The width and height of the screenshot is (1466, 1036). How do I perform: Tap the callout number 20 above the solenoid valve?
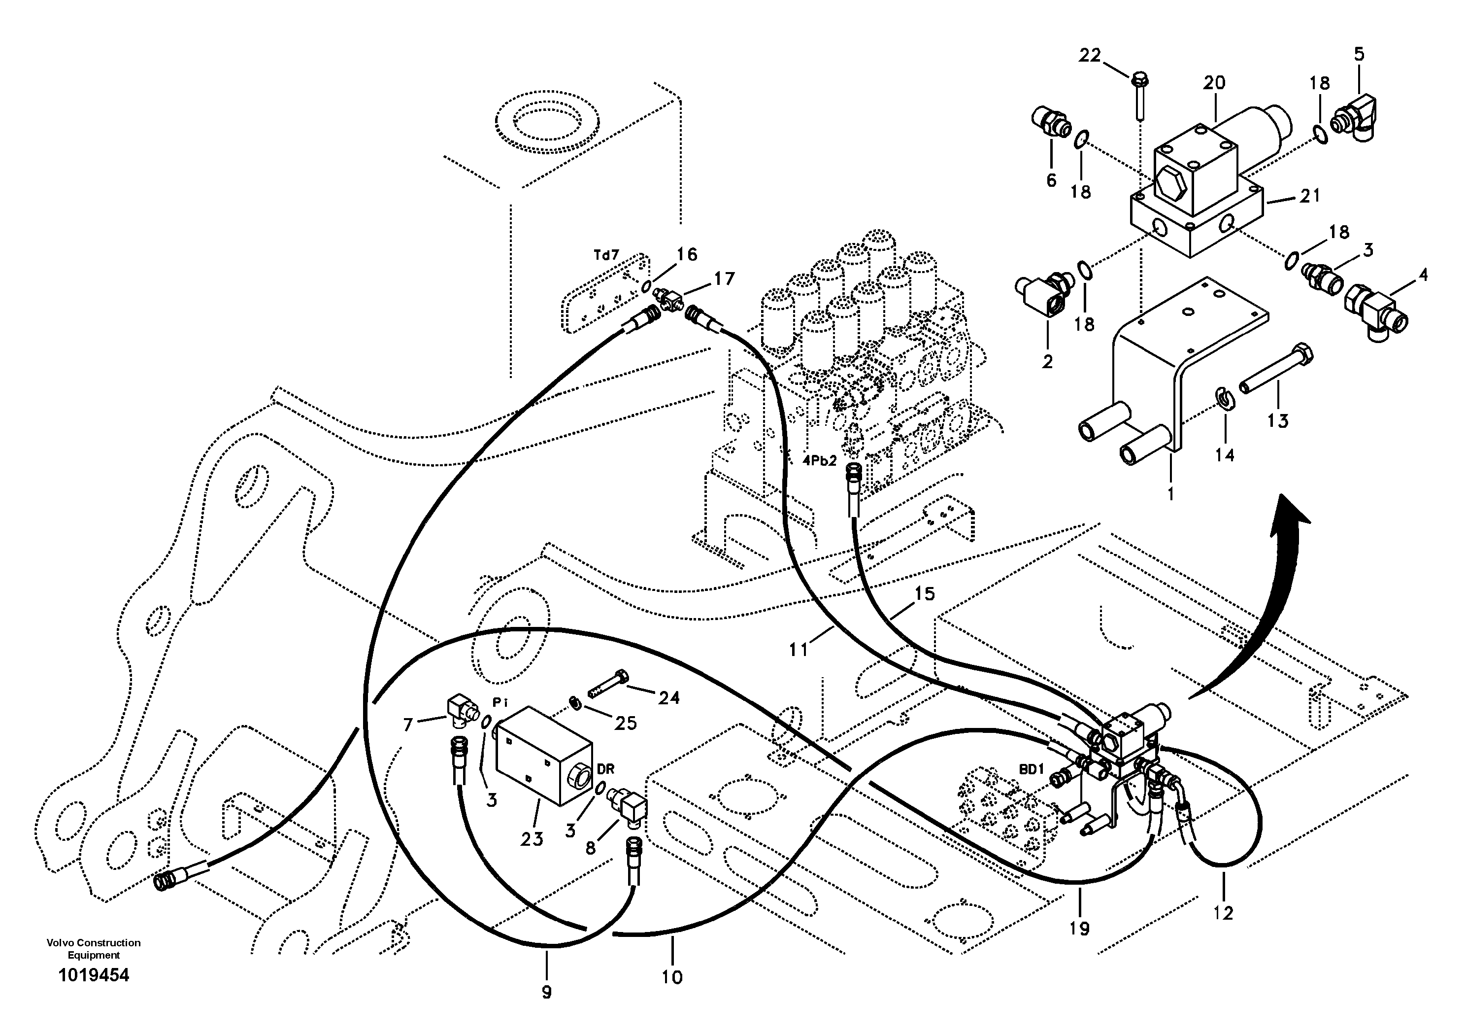[x=1214, y=82]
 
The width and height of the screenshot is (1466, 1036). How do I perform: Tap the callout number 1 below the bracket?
[x=1170, y=494]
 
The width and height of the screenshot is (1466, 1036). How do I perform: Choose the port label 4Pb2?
[x=819, y=460]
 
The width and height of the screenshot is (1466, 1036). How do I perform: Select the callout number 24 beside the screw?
[x=668, y=698]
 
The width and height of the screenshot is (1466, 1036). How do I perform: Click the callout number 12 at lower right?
[x=1223, y=913]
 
